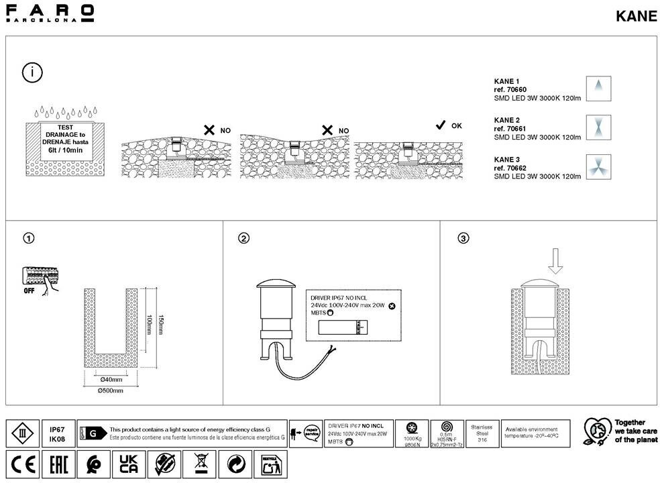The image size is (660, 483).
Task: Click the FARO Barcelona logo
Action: click(50, 13)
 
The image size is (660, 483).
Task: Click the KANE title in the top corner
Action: click(636, 17)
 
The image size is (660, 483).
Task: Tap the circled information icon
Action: click(32, 72)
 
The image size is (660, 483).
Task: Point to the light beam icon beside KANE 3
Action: click(597, 166)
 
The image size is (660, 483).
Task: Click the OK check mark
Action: click(441, 125)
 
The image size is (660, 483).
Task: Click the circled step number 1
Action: click(28, 238)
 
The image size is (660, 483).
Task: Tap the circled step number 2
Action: click(244, 238)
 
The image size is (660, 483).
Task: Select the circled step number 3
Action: click(463, 238)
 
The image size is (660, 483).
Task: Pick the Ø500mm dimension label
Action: click(111, 390)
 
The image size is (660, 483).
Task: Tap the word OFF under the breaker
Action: click(30, 292)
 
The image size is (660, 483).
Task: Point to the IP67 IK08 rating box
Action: click(57, 433)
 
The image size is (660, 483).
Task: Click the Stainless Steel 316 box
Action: click(482, 433)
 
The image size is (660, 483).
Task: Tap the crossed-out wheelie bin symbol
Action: click(199, 464)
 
